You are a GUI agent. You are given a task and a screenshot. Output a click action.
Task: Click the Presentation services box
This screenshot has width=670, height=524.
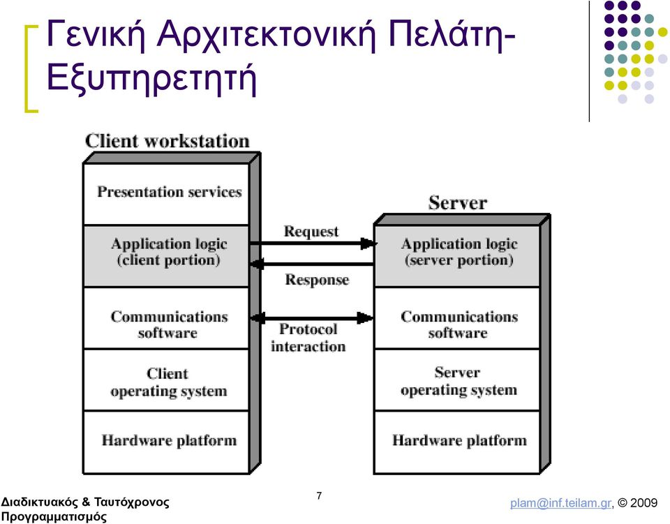point(166,194)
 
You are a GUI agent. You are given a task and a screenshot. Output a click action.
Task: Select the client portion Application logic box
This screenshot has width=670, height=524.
point(166,256)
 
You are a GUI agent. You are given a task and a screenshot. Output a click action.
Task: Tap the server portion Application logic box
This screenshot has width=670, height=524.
point(457,256)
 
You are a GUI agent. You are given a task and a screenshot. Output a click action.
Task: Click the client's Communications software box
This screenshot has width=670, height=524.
point(166,318)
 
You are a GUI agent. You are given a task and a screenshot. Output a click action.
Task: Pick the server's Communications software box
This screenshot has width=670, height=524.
point(457,318)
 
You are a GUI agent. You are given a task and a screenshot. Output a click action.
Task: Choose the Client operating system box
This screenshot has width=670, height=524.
point(166,380)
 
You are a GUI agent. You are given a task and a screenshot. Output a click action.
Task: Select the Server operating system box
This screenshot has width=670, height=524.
point(457,380)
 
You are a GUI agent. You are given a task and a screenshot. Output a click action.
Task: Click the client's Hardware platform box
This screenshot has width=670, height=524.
point(166,442)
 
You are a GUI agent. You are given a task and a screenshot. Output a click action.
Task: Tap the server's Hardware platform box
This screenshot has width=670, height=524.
point(457,442)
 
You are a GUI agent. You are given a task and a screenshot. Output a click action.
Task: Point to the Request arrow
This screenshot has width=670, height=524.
point(313,244)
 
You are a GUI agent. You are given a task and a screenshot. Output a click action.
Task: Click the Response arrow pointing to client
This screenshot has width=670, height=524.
point(313,264)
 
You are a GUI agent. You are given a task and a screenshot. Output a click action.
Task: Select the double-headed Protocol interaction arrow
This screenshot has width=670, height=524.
point(313,317)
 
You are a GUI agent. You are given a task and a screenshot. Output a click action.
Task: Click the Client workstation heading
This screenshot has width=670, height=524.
point(167,141)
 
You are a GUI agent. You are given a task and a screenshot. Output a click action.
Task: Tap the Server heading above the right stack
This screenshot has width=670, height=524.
point(458,203)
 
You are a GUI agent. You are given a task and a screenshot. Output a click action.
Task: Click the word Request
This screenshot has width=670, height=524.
point(311,232)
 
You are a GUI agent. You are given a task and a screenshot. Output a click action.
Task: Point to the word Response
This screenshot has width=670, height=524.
point(317,280)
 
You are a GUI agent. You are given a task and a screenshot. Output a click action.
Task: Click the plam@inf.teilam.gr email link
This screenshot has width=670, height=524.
point(560,502)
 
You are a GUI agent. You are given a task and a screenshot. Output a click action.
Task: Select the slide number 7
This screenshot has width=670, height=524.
point(319,496)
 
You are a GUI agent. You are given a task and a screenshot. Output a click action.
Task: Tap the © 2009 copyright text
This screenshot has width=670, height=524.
point(637,502)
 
